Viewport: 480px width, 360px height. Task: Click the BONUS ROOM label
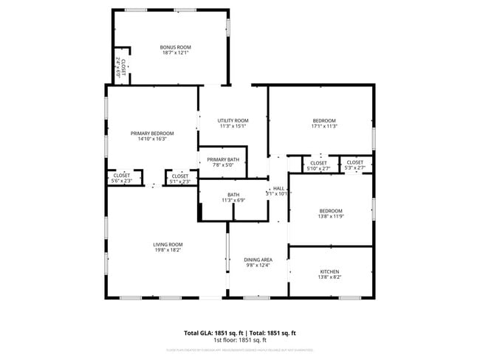point(176,47)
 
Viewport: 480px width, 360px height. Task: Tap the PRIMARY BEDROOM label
point(152,133)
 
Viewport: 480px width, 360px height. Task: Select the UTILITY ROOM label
point(233,120)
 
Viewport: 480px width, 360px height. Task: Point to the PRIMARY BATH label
point(222,159)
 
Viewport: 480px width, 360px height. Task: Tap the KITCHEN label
point(330,271)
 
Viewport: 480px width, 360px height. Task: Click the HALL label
point(278,188)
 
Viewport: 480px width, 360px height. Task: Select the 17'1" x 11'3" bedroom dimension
point(324,126)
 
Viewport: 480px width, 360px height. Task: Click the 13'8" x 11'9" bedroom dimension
point(330,217)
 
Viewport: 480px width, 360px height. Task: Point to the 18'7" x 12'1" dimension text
point(176,53)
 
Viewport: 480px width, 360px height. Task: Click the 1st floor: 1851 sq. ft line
point(240,340)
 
